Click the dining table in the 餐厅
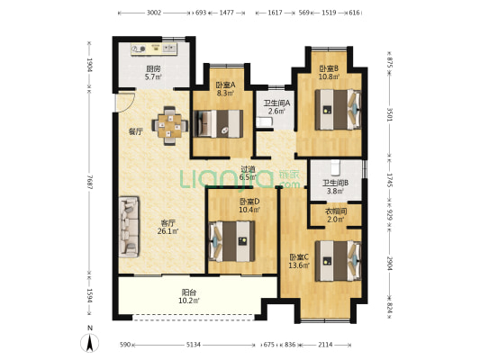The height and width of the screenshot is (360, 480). pyautogui.click(x=169, y=125)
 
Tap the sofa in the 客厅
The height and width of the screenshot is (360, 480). pyautogui.click(x=129, y=226)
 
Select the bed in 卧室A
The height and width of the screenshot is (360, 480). pyautogui.click(x=219, y=123)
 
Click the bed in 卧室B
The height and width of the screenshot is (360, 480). pyautogui.click(x=339, y=110)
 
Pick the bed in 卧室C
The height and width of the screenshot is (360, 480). pyautogui.click(x=339, y=261)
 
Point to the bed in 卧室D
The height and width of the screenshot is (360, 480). pyautogui.click(x=231, y=241)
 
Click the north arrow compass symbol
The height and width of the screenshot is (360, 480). pyautogui.click(x=89, y=340)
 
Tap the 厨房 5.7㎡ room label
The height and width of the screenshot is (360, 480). pyautogui.click(x=153, y=73)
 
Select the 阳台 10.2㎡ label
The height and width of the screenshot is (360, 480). pyautogui.click(x=189, y=297)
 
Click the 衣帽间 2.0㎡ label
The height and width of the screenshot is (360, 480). pyautogui.click(x=336, y=215)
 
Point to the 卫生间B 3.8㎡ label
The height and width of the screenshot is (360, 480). pyautogui.click(x=335, y=187)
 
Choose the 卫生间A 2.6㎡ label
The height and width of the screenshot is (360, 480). pyautogui.click(x=276, y=107)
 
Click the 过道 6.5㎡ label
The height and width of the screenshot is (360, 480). pyautogui.click(x=248, y=173)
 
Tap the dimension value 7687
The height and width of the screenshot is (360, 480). pyautogui.click(x=89, y=182)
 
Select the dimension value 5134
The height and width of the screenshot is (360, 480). pyautogui.click(x=194, y=345)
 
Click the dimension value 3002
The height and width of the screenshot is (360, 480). pyautogui.click(x=154, y=13)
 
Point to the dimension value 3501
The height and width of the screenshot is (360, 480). pyautogui.click(x=389, y=113)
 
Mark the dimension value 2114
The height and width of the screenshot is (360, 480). pyautogui.click(x=325, y=345)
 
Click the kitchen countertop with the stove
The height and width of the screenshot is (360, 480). pyautogui.click(x=154, y=49)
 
